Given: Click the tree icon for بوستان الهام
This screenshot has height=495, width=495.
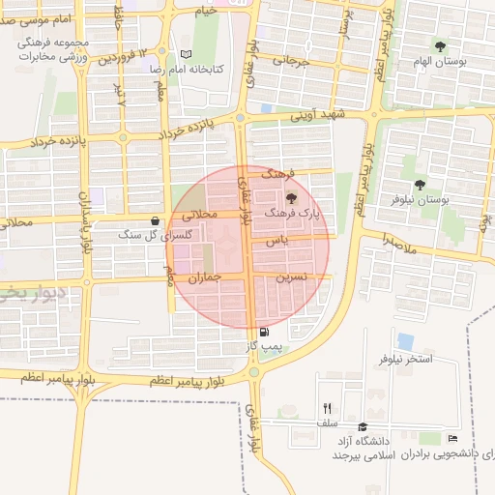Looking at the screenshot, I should coord(440,45).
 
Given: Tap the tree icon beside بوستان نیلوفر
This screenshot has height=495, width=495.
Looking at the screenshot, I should coord(420,185).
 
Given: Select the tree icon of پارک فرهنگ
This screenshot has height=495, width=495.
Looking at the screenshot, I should coord(292,197).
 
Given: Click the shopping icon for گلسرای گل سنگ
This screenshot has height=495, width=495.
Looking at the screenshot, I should coord(156,220).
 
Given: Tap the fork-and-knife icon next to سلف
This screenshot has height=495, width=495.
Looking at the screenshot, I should coord(327,408).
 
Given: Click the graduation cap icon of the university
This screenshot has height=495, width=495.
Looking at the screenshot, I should coord(363,427).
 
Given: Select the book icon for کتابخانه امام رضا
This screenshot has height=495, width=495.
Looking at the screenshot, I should coord(187,55).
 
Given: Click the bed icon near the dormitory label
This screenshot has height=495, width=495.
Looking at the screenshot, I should coord(452,440).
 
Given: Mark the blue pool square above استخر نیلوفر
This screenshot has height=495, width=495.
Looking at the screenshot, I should coord(405,341).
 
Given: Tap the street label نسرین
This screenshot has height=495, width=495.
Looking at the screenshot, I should coord(292,277).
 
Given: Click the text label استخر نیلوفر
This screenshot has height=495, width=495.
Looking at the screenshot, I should coord(405,359).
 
